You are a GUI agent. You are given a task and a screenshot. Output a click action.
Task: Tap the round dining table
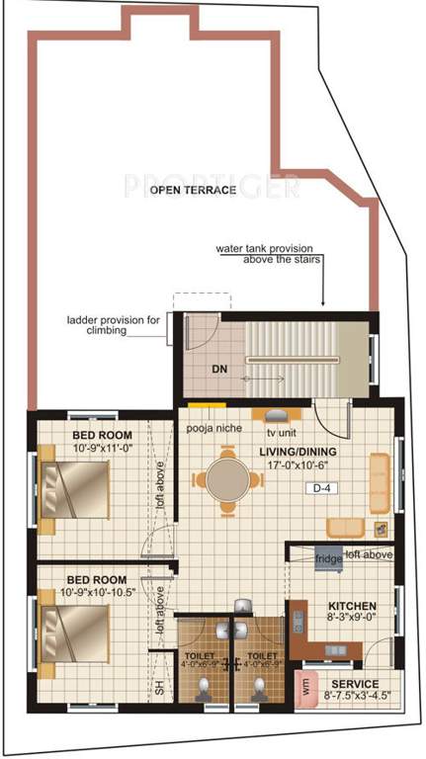(x=230, y=480)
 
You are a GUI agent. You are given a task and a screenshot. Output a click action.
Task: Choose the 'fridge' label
(x=328, y=558)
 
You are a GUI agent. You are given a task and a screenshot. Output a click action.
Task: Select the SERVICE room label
(x=355, y=683)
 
